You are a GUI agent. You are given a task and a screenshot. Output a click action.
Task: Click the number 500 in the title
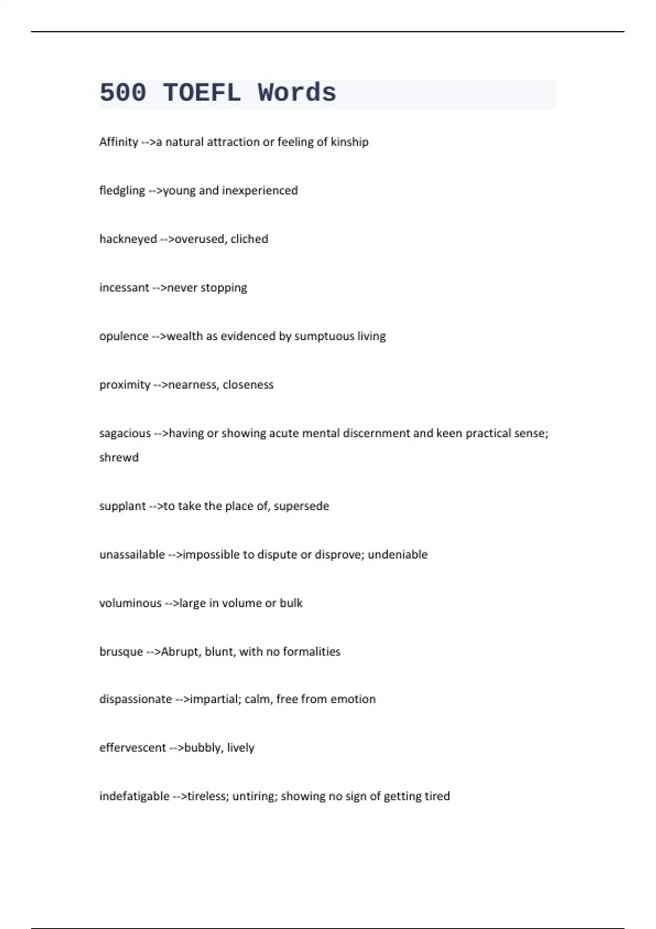click(123, 92)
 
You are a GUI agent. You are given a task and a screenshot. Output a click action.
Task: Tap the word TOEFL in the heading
click(202, 92)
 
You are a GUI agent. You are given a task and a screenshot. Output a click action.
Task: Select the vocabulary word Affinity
click(119, 142)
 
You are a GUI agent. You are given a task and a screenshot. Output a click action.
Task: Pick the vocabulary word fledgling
click(122, 191)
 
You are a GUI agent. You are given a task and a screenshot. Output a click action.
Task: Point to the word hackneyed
click(128, 239)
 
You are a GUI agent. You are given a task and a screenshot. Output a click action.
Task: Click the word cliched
click(249, 239)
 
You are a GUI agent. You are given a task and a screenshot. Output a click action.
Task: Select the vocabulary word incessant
click(124, 288)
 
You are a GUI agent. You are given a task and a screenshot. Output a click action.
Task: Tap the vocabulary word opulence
click(124, 337)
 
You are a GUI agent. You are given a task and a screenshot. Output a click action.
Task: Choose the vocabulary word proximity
click(125, 385)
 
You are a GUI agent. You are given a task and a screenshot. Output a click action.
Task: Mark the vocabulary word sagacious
click(125, 433)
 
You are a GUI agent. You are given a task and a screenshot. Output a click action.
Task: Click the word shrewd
click(119, 457)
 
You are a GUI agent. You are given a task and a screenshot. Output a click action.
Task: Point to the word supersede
click(301, 506)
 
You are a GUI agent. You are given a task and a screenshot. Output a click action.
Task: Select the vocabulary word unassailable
click(132, 555)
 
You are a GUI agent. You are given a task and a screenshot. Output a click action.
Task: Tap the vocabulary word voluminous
click(130, 603)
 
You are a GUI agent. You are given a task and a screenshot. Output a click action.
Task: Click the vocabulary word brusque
click(121, 652)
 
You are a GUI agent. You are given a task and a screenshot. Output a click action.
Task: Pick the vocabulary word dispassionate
click(136, 699)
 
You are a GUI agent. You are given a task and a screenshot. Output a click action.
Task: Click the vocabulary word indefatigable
click(134, 796)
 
